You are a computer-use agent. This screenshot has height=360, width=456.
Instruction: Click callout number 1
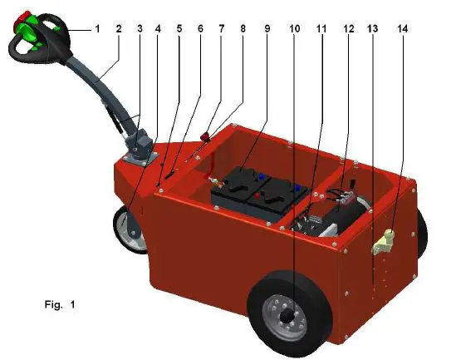(x=97, y=28)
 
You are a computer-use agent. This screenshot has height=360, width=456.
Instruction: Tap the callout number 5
(x=179, y=28)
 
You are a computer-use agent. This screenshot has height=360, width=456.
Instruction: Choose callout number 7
(x=222, y=28)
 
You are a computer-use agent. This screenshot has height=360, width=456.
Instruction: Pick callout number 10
(x=296, y=28)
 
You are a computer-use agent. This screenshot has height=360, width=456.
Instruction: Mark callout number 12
(x=347, y=28)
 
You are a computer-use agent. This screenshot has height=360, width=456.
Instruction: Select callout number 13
(x=372, y=28)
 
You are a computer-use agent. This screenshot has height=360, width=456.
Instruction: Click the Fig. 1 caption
(x=60, y=305)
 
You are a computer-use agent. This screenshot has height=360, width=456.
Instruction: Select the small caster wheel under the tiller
(x=131, y=228)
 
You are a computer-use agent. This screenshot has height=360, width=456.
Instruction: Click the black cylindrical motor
(x=345, y=211)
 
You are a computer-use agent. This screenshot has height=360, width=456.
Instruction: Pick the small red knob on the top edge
(x=204, y=135)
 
